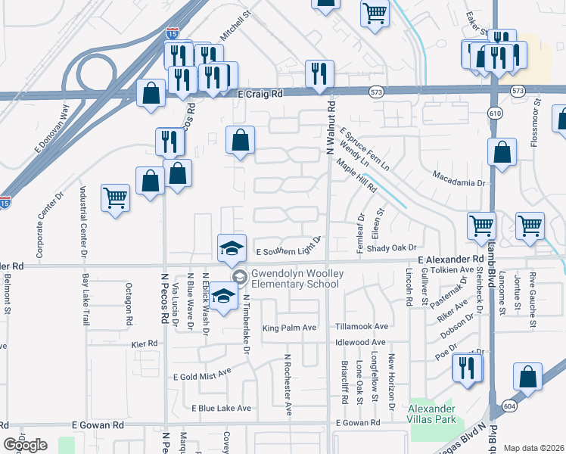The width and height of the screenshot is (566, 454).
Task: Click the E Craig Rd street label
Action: point(260,94)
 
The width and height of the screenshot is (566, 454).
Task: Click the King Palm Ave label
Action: point(288,328)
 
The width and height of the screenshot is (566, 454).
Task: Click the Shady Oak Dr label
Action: point(392,247)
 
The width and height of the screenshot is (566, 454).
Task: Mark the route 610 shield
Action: point(494,113)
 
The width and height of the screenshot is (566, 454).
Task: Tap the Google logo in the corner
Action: point(25,445)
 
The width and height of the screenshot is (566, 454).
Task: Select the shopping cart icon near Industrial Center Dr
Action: point(115,198)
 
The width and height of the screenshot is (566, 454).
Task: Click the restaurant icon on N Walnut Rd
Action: point(317,73)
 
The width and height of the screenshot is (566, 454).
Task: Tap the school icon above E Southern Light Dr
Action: point(232,247)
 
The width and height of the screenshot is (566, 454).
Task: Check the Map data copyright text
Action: point(533,448)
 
